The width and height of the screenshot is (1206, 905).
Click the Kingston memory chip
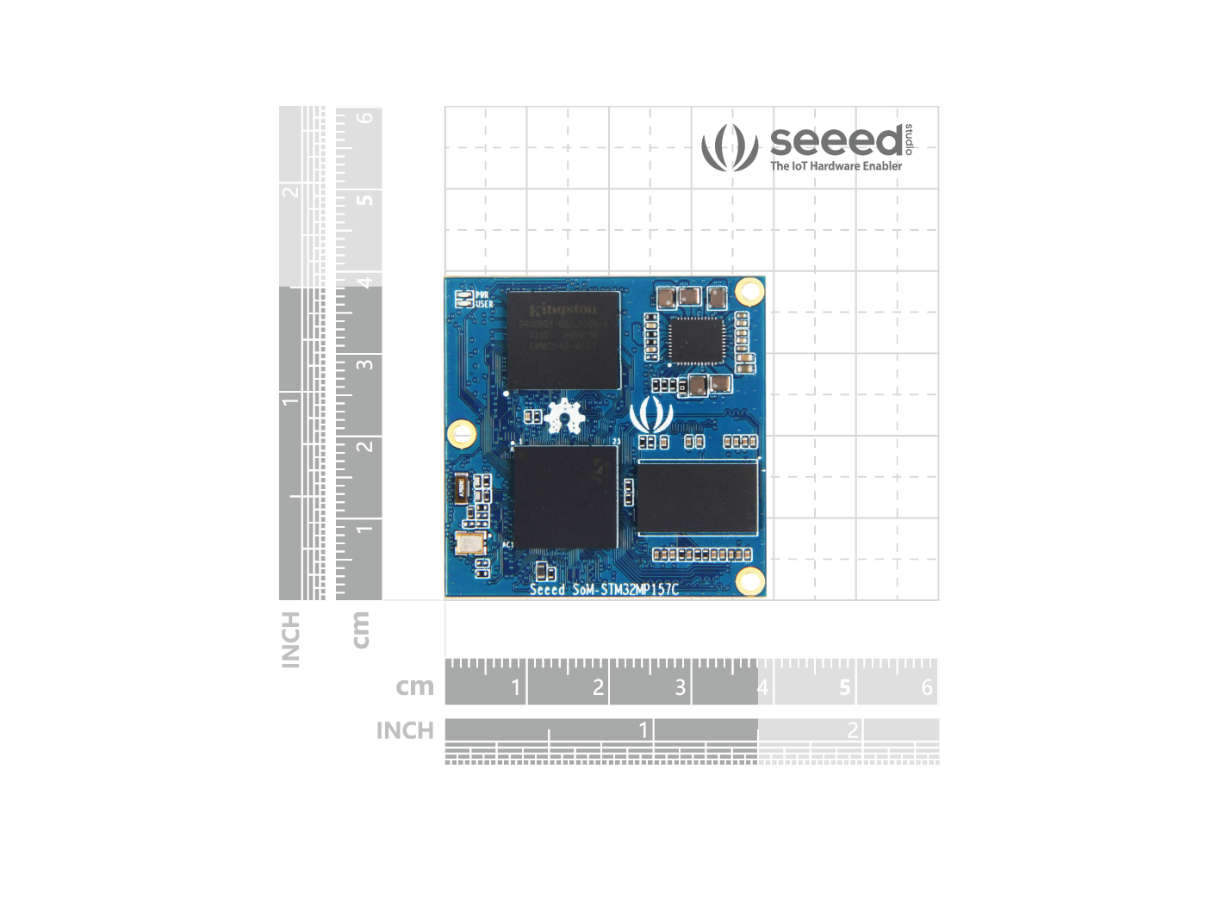(x=563, y=340)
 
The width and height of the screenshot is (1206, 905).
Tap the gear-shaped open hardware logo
(x=564, y=417)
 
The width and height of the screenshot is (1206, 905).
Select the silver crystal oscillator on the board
(x=469, y=542)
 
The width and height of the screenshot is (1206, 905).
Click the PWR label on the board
(x=482, y=295)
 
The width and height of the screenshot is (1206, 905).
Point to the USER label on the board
(x=484, y=304)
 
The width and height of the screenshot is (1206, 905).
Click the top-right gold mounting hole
(x=750, y=292)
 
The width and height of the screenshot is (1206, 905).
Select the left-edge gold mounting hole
(x=462, y=433)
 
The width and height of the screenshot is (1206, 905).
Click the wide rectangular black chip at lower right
(x=697, y=498)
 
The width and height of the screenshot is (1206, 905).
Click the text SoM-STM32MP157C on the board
(x=625, y=590)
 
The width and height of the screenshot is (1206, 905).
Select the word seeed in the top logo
(x=836, y=141)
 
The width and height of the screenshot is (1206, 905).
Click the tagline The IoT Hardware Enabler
(x=836, y=166)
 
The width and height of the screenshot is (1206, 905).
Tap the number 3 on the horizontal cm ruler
(x=681, y=687)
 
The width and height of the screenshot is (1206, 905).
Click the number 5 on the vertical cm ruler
(x=365, y=200)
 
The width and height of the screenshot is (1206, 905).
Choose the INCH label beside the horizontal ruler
(x=405, y=731)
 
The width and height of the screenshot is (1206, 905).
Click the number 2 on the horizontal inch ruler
(x=852, y=730)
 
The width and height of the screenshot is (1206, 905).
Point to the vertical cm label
(x=361, y=629)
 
